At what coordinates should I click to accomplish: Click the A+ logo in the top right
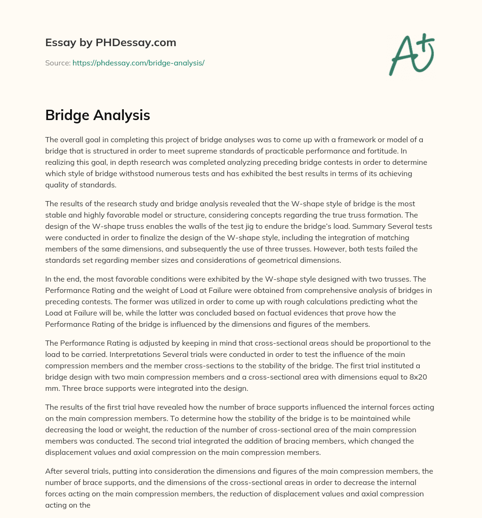tap(411, 54)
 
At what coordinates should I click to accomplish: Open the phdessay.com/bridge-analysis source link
tap(138, 62)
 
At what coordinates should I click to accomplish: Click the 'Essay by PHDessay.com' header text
tap(111, 42)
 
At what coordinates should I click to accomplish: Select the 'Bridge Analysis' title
tap(97, 115)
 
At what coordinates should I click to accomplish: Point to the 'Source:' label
tap(57, 62)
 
